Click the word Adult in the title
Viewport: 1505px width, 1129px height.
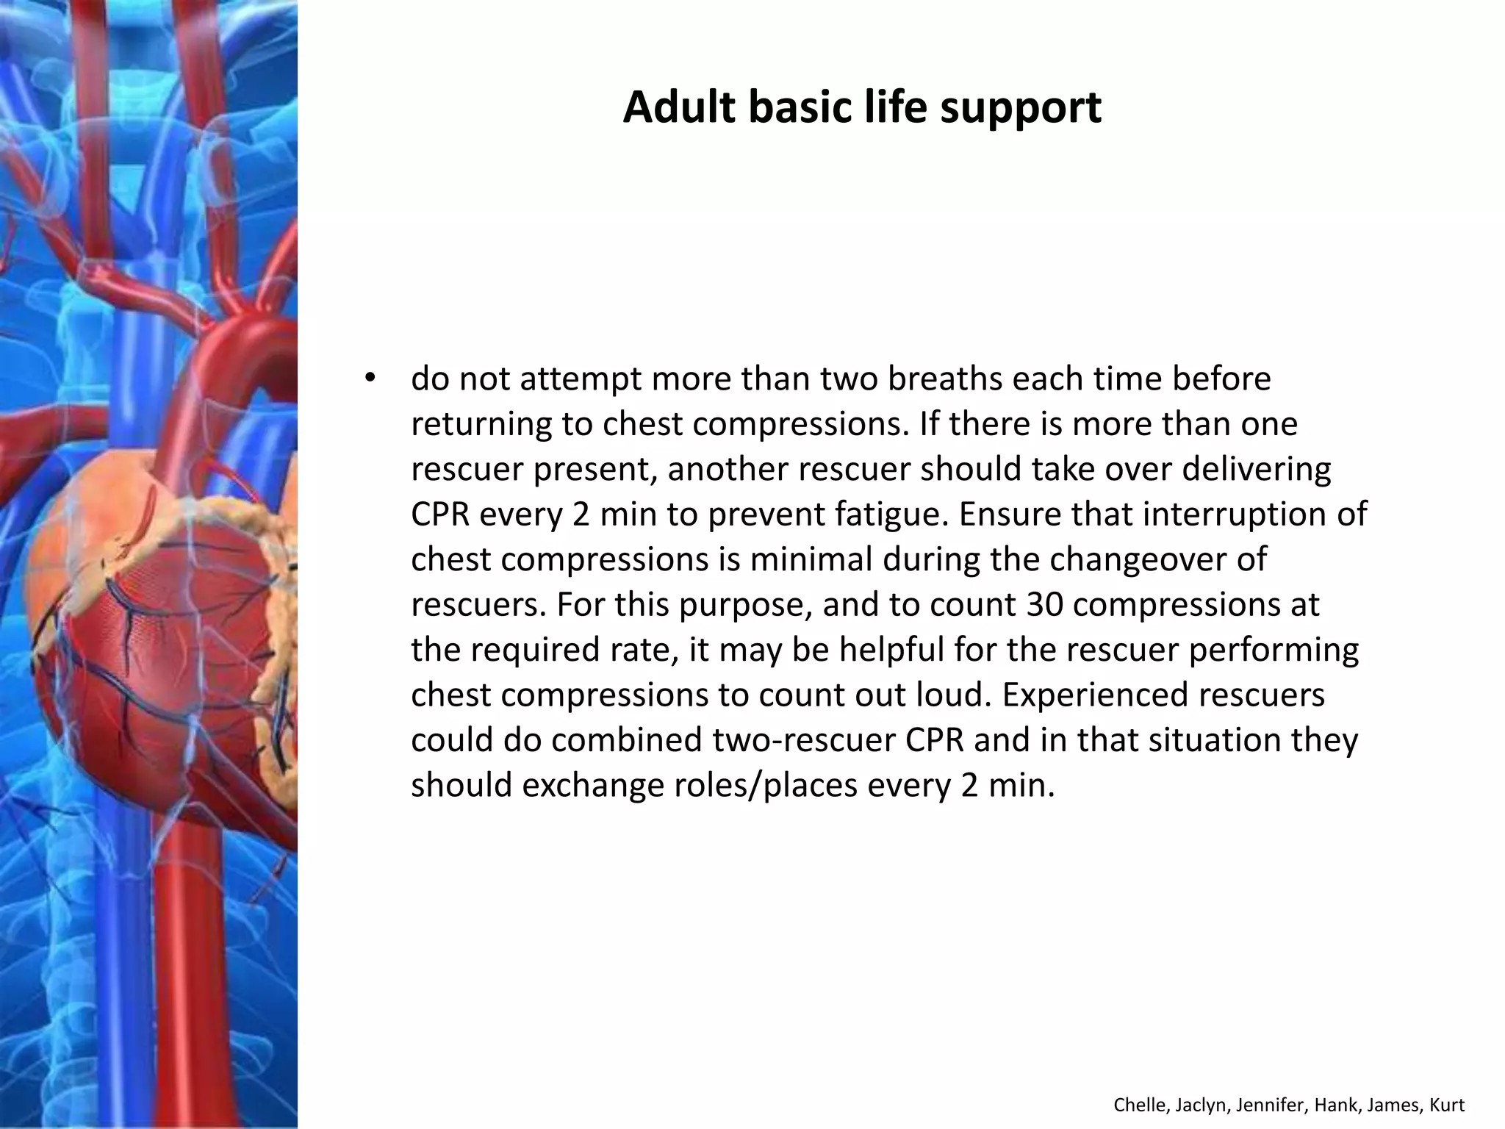(679, 107)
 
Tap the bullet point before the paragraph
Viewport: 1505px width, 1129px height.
(370, 379)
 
